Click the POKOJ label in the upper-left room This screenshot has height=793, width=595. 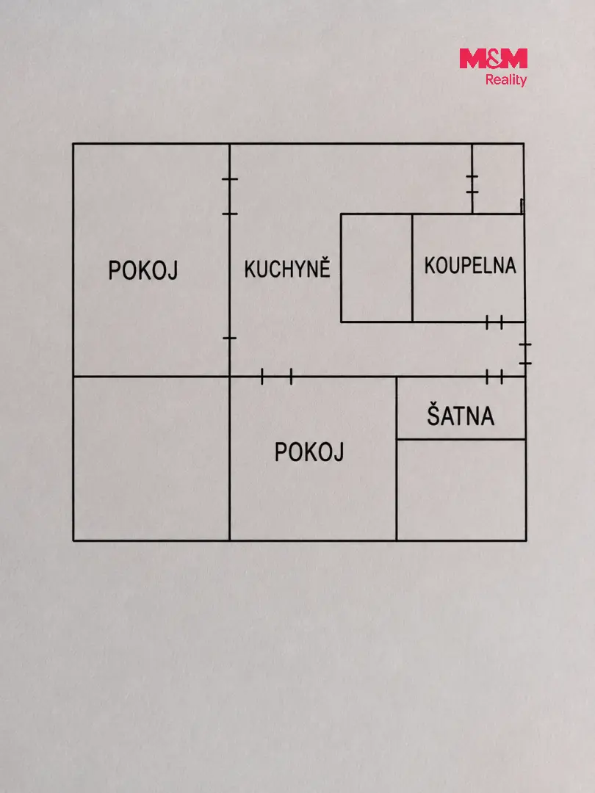coord(143,270)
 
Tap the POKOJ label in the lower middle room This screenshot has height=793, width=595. coord(309,452)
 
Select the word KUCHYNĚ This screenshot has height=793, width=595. coord(287,267)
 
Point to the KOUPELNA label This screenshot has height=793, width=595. coord(470,266)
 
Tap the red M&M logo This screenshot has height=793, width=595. coord(494,59)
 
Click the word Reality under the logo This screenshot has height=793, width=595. coord(506,80)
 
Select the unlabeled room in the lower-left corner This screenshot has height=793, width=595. coord(151,459)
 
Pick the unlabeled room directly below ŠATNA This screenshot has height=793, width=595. coord(461,490)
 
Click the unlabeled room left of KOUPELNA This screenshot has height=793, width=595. coord(376,267)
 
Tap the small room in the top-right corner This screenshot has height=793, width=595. coord(498,178)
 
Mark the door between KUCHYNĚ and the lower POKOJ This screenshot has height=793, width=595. coord(276,376)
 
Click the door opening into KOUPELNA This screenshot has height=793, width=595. coord(494,322)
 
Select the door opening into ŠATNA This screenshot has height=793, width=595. coord(494,377)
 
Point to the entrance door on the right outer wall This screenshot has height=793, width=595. coord(525,353)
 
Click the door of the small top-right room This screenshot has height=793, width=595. coord(472,184)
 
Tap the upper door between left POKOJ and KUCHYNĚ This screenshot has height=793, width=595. coord(230,196)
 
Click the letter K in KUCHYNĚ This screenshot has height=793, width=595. coord(250,269)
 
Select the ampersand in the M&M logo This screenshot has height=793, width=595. coord(494,59)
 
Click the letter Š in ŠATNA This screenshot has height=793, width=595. coord(433,414)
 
